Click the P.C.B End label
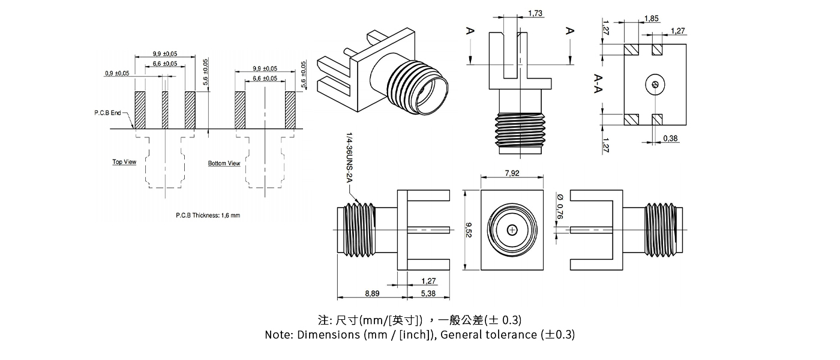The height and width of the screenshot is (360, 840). click(x=107, y=113)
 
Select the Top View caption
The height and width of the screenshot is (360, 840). click(x=124, y=162)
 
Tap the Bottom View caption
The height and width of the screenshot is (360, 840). click(x=224, y=163)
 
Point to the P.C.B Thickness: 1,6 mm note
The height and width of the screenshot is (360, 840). click(x=208, y=215)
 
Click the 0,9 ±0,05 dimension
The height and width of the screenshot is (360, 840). click(x=117, y=73)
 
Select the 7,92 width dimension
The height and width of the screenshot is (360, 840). click(x=512, y=174)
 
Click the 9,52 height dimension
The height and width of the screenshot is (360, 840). click(x=469, y=230)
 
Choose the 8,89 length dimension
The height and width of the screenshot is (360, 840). click(x=371, y=293)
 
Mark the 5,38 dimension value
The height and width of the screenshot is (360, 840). click(x=428, y=293)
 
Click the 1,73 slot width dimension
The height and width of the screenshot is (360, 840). click(x=536, y=13)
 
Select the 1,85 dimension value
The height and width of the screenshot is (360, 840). click(x=651, y=19)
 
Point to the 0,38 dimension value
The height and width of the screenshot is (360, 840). click(x=671, y=139)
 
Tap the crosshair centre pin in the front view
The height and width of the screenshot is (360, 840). click(x=512, y=230)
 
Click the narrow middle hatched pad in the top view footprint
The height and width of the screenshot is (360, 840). click(x=165, y=110)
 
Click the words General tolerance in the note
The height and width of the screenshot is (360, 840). click(x=488, y=334)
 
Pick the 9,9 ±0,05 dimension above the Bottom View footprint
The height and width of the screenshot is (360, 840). click(x=265, y=68)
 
